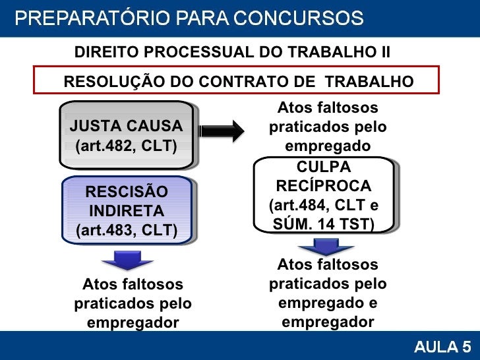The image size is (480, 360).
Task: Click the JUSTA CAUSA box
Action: (127, 135)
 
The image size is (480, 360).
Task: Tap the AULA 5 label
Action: (442, 346)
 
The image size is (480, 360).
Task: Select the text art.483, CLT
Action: (127, 231)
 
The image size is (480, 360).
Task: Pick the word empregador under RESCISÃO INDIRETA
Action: (133, 323)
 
